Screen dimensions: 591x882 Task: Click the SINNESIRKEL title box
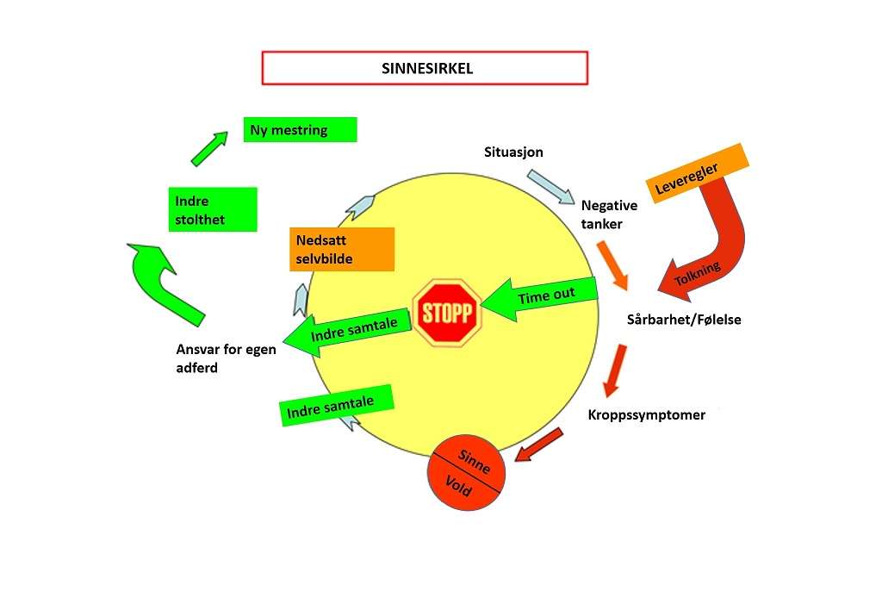(425, 68)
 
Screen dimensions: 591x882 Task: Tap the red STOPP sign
(446, 313)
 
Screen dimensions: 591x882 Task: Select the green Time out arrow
(542, 298)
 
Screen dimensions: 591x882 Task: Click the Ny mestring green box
(300, 130)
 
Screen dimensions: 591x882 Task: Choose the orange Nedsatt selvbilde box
(342, 249)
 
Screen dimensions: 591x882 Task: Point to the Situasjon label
(514, 152)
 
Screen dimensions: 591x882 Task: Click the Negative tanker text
(609, 215)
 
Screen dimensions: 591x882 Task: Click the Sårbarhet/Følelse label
(684, 320)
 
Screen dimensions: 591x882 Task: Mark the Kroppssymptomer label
(647, 415)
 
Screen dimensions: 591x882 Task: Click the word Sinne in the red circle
(476, 461)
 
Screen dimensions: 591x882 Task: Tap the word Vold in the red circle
(459, 487)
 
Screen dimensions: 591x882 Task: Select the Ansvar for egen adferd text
(222, 358)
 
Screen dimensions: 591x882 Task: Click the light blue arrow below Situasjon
(551, 187)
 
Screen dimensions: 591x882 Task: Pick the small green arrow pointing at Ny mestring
(208, 147)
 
